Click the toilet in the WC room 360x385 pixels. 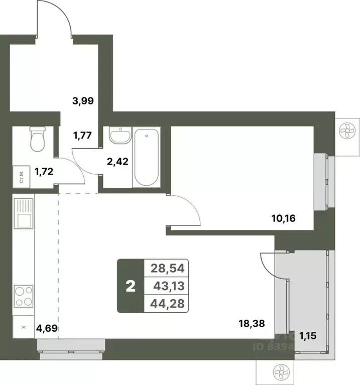point(37,139)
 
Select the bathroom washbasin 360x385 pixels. point(118,136)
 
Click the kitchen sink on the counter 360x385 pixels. point(24,213)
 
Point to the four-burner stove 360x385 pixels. point(24,296)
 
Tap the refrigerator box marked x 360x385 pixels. point(23,327)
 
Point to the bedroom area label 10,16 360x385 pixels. point(285,218)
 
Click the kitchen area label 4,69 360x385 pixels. point(47,329)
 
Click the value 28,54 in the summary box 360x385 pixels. point(165,268)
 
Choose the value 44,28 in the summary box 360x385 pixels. point(165,303)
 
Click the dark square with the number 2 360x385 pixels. point(130,286)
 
